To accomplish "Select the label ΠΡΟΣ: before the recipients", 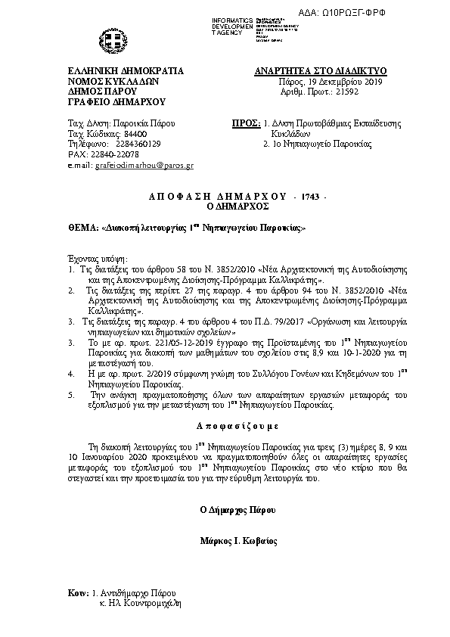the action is pyautogui.click(x=242, y=123).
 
